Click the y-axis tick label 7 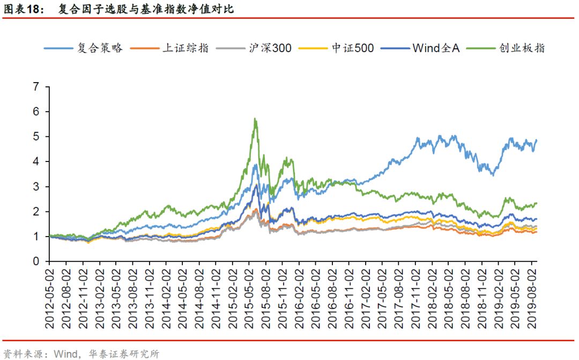pyautogui.click(x=36, y=86)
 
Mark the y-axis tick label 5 pyautogui.click(x=36, y=136)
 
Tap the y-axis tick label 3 pyautogui.click(x=36, y=187)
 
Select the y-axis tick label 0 pyautogui.click(x=36, y=262)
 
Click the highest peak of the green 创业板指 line pyautogui.click(x=255, y=119)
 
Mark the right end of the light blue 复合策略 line pyautogui.click(x=536, y=140)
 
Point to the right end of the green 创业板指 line pyautogui.click(x=536, y=203)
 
